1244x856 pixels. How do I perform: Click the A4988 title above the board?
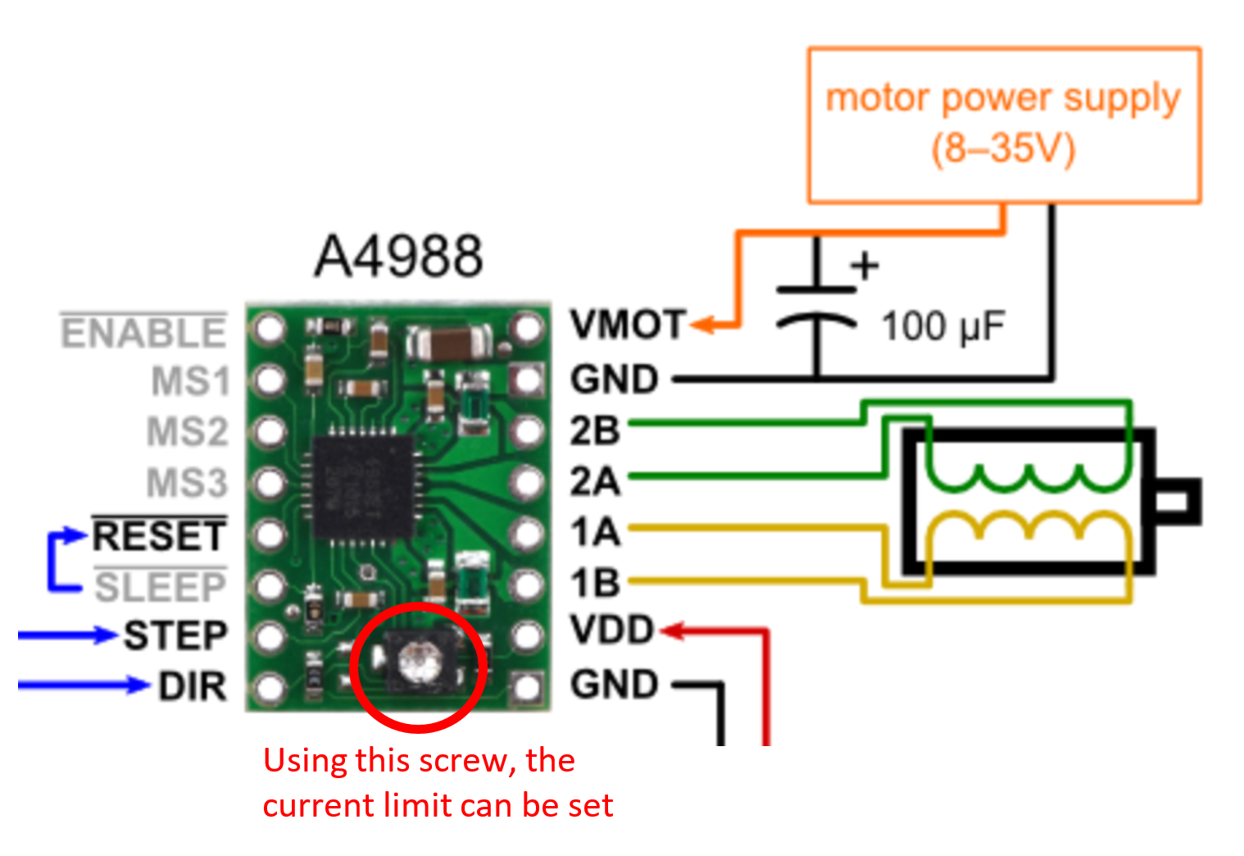(x=398, y=256)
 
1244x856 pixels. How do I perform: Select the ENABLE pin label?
(x=143, y=334)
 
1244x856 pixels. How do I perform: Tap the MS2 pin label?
(x=187, y=432)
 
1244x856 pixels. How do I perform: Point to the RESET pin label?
(x=159, y=536)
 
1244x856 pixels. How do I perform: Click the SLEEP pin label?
(x=160, y=587)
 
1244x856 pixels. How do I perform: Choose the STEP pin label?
(x=175, y=636)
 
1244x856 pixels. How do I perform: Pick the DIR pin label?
(x=193, y=687)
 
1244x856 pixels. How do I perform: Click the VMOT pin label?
(x=628, y=325)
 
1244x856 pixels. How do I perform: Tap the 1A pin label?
(x=595, y=533)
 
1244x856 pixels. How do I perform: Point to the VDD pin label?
(x=612, y=631)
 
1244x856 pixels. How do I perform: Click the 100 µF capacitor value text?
(x=942, y=327)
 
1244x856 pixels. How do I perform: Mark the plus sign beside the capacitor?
(x=865, y=266)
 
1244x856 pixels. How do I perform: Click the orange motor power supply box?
(x=1004, y=125)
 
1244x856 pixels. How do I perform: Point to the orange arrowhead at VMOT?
(x=703, y=325)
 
